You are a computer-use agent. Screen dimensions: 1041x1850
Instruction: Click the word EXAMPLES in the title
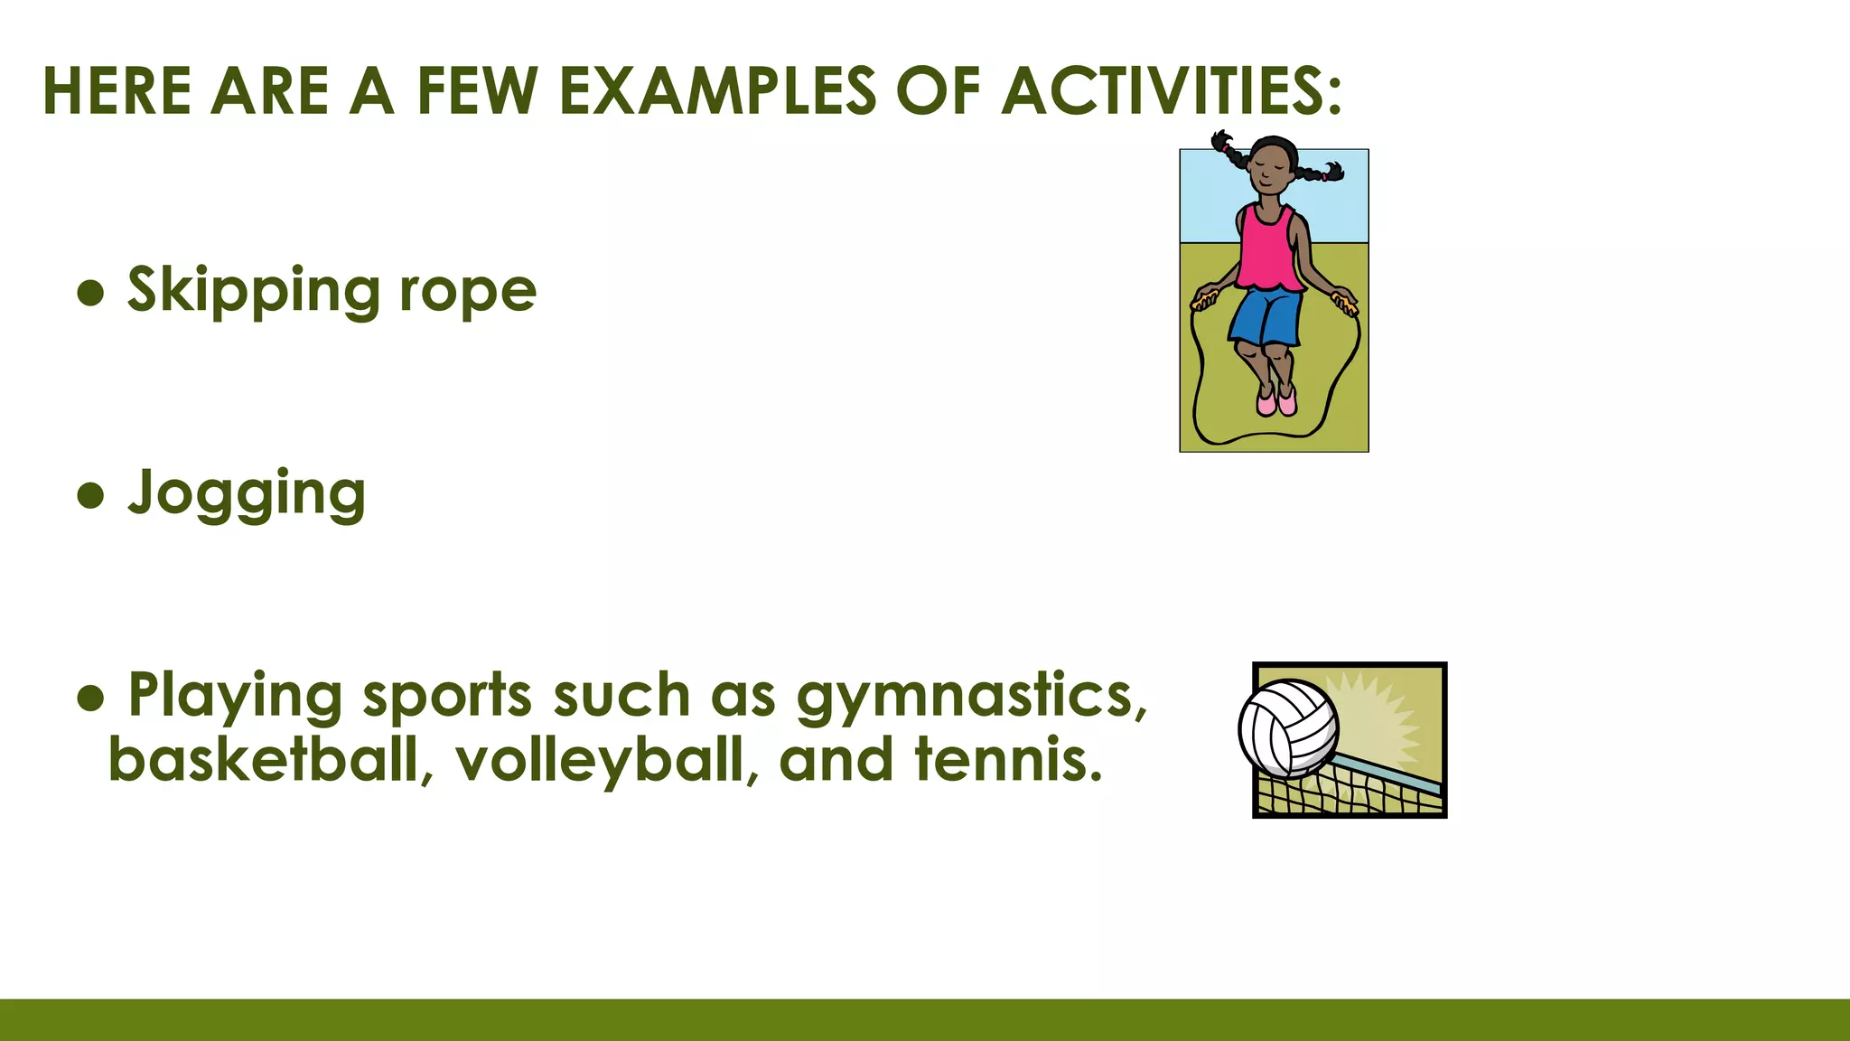(717, 91)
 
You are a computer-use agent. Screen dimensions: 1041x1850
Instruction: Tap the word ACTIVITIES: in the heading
(1172, 91)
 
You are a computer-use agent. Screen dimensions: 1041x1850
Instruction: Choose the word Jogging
(247, 495)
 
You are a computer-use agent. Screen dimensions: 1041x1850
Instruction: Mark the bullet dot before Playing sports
(91, 697)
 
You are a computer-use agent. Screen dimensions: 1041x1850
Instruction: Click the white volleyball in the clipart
(1288, 728)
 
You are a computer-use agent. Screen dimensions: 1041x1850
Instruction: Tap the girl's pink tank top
(1270, 249)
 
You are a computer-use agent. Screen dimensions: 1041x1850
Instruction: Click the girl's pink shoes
(1276, 400)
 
